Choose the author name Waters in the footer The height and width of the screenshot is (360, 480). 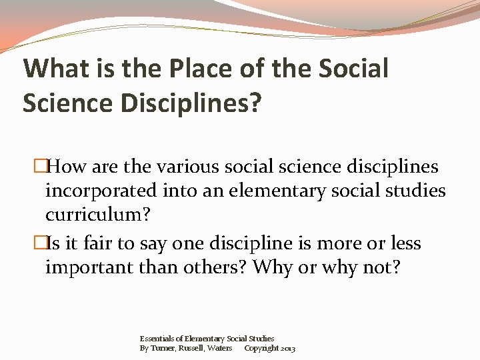[221, 348]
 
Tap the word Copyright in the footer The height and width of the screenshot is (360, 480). [261, 348]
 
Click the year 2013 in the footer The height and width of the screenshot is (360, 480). [288, 348]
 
